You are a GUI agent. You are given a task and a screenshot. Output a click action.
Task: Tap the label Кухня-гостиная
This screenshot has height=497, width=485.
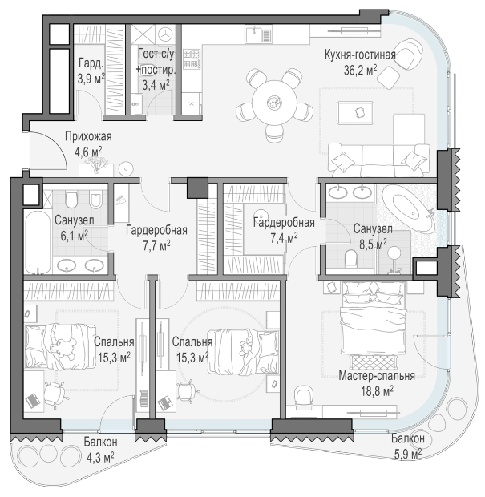click(x=360, y=55)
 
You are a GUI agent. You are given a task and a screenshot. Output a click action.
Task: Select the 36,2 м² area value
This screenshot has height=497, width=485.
click(x=361, y=70)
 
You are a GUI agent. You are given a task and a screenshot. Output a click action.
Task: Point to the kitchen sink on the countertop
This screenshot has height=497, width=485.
click(x=258, y=34)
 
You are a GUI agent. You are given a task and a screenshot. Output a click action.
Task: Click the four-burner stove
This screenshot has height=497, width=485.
click(x=191, y=59)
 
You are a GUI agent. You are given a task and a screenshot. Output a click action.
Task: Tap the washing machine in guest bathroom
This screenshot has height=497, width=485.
click(x=165, y=34)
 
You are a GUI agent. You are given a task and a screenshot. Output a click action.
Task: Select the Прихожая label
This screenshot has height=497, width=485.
click(x=88, y=136)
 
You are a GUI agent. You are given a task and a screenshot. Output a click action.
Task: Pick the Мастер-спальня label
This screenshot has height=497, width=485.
click(x=377, y=376)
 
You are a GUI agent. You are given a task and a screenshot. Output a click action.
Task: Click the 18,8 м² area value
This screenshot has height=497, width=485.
click(x=377, y=391)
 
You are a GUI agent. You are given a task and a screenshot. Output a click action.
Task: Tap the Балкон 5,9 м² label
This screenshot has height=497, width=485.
click(x=408, y=446)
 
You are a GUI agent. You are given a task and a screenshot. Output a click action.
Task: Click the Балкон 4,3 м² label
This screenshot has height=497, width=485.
click(x=100, y=450)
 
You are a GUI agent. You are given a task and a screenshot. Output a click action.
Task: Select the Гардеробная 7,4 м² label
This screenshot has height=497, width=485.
click(x=284, y=230)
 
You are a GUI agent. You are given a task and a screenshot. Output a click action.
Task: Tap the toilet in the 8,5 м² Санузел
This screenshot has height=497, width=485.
click(x=350, y=258)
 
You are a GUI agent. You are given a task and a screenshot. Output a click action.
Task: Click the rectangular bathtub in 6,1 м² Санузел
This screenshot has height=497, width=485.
click(x=38, y=242)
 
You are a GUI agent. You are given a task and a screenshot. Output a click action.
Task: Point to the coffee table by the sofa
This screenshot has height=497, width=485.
click(x=355, y=113)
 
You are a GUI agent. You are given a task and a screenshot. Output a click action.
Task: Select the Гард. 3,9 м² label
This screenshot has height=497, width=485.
click(x=91, y=71)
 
